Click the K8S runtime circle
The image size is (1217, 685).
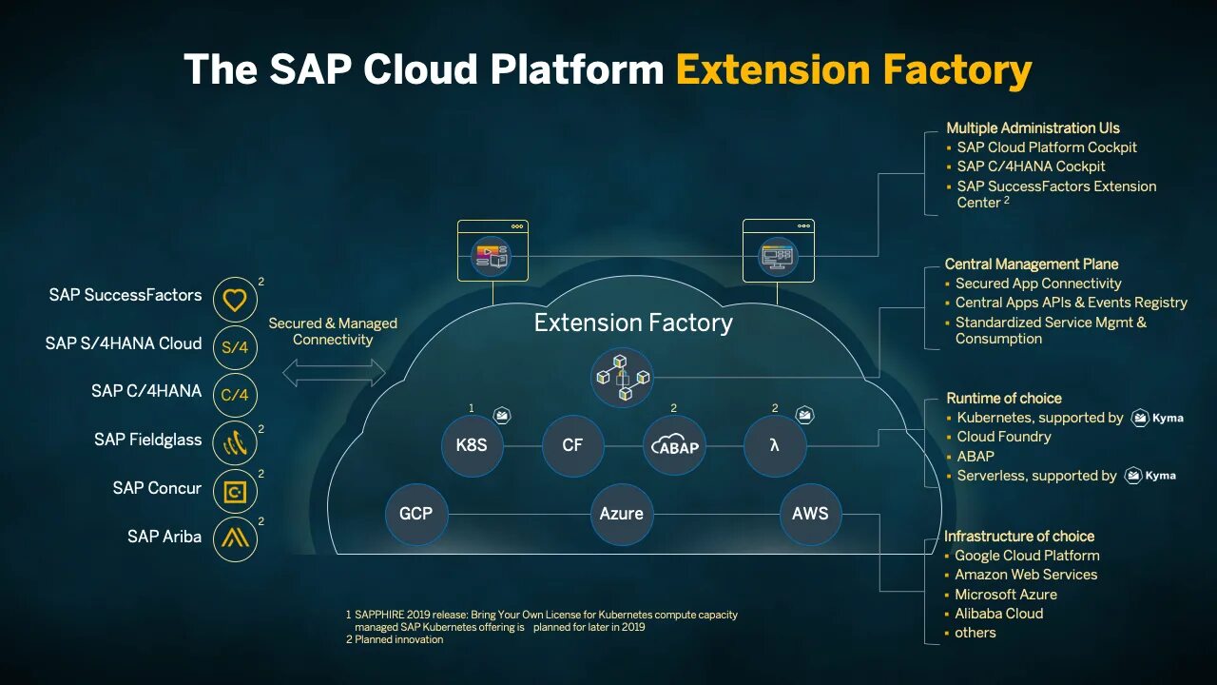click(472, 444)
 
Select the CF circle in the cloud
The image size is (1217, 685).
click(572, 444)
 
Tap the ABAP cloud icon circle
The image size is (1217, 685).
click(674, 444)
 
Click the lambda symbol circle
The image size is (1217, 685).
click(775, 444)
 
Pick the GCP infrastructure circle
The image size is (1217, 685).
click(415, 514)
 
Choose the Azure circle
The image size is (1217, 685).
click(621, 514)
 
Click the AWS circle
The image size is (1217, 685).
click(810, 514)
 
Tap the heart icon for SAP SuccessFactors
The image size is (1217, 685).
click(235, 300)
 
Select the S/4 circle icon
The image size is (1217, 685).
click(235, 347)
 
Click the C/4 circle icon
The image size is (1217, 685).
click(235, 395)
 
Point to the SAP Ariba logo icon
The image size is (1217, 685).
click(235, 539)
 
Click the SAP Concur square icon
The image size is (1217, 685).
click(235, 492)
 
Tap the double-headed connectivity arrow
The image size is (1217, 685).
click(334, 373)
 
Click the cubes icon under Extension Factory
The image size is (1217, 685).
click(622, 377)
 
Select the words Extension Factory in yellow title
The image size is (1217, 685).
click(853, 70)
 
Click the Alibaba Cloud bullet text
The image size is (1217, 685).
click(998, 614)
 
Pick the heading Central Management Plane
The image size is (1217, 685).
click(1031, 264)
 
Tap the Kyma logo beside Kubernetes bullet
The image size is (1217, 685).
click(1157, 418)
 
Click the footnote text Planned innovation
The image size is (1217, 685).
click(398, 639)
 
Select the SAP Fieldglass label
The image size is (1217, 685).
click(147, 440)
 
